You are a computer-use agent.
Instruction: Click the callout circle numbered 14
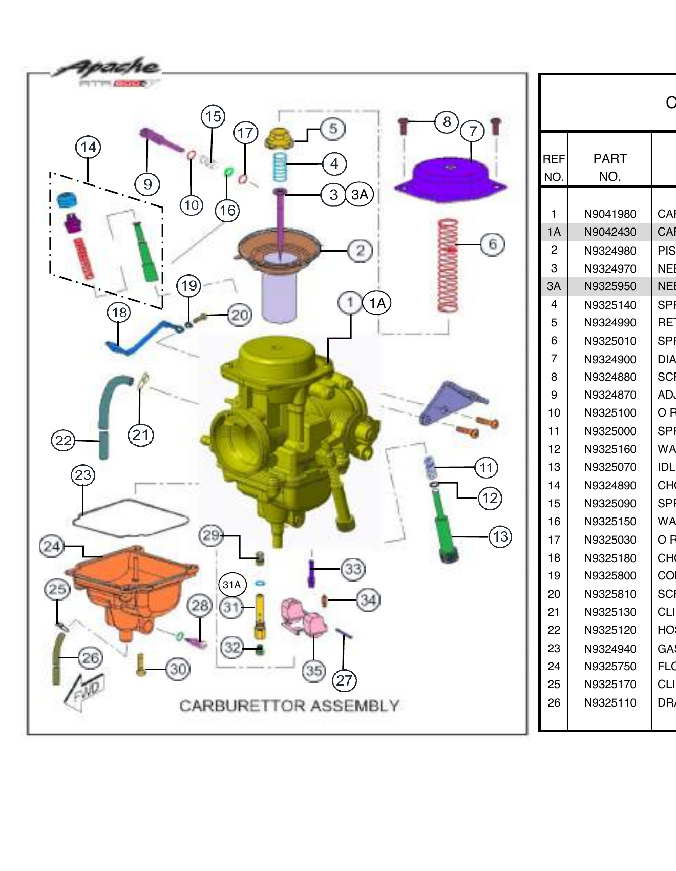88,148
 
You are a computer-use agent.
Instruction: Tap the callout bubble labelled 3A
360,195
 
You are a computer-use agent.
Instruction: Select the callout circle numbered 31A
232,585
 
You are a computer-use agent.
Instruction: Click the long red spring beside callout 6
448,265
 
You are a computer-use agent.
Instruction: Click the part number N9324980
610,251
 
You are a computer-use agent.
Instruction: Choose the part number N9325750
610,666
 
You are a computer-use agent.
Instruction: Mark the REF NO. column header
554,168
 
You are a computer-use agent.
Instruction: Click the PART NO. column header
609,168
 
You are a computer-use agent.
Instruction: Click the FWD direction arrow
84,692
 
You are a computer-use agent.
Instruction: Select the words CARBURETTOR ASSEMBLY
289,706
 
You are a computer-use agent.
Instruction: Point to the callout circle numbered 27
344,680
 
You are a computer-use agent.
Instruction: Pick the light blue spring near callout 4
280,167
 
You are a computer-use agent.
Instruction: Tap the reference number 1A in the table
554,232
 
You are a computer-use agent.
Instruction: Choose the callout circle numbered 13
500,536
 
